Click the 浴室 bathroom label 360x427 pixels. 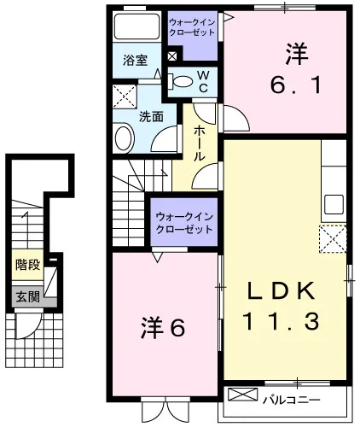click(x=135, y=61)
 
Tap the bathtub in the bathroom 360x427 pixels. click(x=136, y=26)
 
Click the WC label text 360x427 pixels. click(x=203, y=82)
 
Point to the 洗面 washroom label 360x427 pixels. click(x=151, y=117)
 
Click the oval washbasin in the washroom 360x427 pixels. click(x=125, y=138)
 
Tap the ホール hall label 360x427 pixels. click(x=200, y=143)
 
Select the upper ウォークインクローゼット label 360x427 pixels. click(x=192, y=27)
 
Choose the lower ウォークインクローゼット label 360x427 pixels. click(x=184, y=223)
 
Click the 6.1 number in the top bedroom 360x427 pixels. click(x=296, y=85)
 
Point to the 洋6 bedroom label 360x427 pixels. click(x=163, y=328)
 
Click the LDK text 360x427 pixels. click(x=282, y=290)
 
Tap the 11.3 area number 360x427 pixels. click(x=281, y=321)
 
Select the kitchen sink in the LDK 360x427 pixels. click(x=334, y=204)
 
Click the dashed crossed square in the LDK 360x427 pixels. click(x=333, y=239)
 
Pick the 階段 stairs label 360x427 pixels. click(x=27, y=265)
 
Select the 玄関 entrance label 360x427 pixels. click(x=27, y=297)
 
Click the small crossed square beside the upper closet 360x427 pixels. click(x=172, y=56)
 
